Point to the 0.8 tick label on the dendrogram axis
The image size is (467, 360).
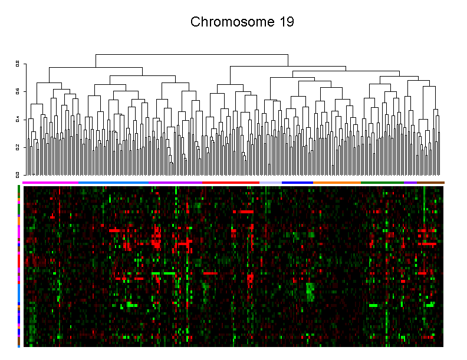(18, 63)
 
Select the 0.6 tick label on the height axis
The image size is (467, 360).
(18, 91)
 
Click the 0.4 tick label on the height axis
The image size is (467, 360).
(18, 119)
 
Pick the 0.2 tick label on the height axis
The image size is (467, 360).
(18, 147)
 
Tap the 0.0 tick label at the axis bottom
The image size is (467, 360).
(18, 174)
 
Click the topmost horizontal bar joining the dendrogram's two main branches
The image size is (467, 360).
(192, 54)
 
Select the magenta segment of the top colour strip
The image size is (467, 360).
(50, 183)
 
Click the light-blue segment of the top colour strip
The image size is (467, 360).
(118, 183)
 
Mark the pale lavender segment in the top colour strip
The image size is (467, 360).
(271, 183)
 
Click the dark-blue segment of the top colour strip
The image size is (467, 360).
(297, 183)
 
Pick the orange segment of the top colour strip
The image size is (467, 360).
(337, 183)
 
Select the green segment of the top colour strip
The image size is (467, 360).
(383, 183)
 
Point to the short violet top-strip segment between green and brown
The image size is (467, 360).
(411, 183)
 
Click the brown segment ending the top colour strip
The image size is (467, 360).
(431, 183)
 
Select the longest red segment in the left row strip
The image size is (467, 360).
(19, 260)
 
